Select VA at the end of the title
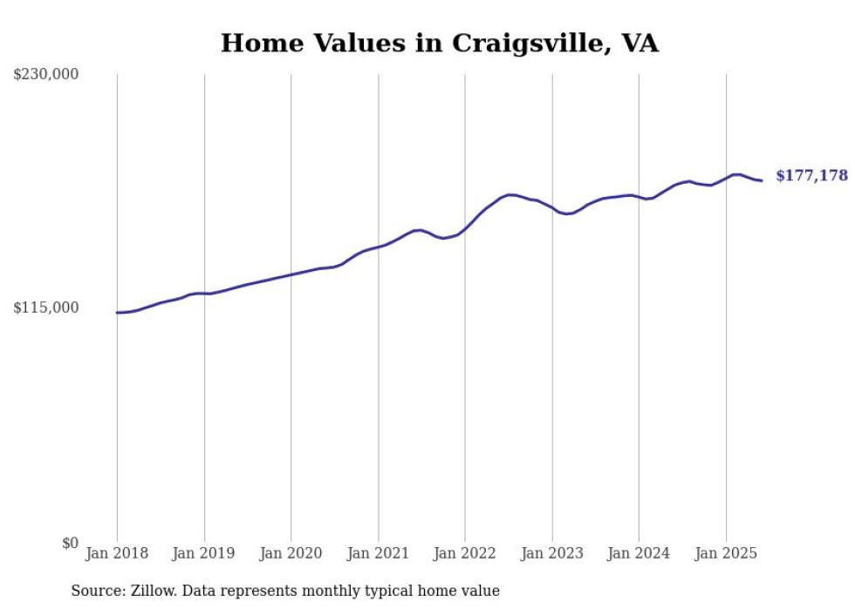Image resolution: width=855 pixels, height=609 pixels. (x=640, y=43)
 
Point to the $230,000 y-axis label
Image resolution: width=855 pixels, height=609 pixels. (x=45, y=75)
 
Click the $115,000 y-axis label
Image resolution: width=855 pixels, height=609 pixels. (x=45, y=308)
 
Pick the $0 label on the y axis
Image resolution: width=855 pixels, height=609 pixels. (x=70, y=543)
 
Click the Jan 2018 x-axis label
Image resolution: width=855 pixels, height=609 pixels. (x=117, y=553)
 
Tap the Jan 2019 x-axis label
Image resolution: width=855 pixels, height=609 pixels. (x=204, y=553)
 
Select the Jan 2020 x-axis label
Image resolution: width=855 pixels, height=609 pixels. (x=291, y=553)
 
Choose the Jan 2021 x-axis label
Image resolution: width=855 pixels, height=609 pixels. (x=378, y=553)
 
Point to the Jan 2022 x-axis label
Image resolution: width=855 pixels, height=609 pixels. (x=465, y=553)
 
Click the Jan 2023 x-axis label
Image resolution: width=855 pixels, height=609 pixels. (x=551, y=553)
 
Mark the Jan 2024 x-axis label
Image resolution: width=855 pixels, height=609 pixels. (x=639, y=553)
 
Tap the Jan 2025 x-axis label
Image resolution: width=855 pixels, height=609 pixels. (x=726, y=553)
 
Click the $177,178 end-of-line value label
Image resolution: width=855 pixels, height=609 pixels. (x=811, y=176)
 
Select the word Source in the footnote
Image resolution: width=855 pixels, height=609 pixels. (x=95, y=591)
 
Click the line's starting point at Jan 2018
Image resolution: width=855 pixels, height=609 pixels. (x=117, y=312)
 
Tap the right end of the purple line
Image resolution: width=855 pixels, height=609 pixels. (x=762, y=180)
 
